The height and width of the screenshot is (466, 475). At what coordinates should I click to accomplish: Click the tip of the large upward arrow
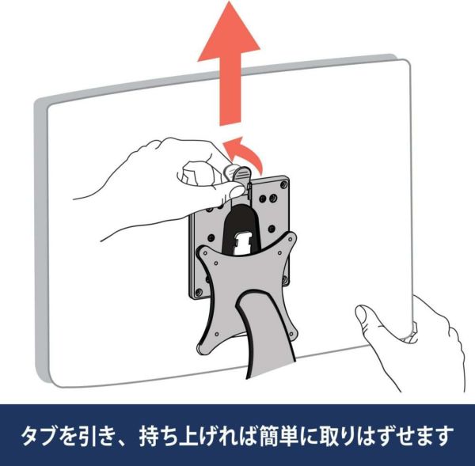pos(230,2)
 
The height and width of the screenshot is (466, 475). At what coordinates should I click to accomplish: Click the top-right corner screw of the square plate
pos(283,184)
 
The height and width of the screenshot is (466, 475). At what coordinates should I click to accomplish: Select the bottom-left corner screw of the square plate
pos(199,292)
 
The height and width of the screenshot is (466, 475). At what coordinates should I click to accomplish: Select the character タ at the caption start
pos(31,436)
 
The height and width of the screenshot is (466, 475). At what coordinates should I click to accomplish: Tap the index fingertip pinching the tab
pos(235,191)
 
